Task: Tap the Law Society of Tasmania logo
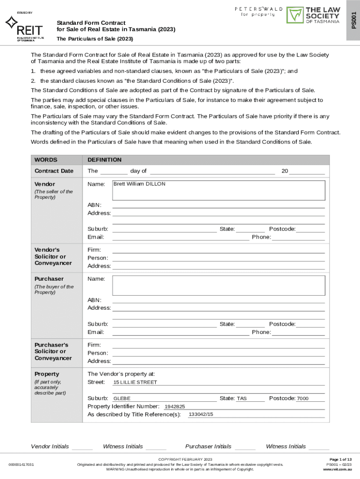click(x=313, y=15)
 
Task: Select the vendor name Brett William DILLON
click(x=139, y=184)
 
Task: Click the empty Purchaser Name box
click(x=219, y=285)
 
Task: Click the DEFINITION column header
click(x=104, y=160)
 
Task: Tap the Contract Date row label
click(x=54, y=171)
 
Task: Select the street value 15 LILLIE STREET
click(x=135, y=382)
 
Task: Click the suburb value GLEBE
click(x=122, y=399)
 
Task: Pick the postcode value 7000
click(x=302, y=399)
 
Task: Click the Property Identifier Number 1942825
click(x=174, y=406)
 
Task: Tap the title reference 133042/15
click(x=201, y=414)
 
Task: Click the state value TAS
click(x=241, y=399)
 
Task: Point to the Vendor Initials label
click(x=50, y=446)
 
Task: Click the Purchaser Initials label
click(x=208, y=446)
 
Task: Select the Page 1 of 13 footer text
click(x=340, y=459)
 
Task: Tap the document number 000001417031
click(x=21, y=464)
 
